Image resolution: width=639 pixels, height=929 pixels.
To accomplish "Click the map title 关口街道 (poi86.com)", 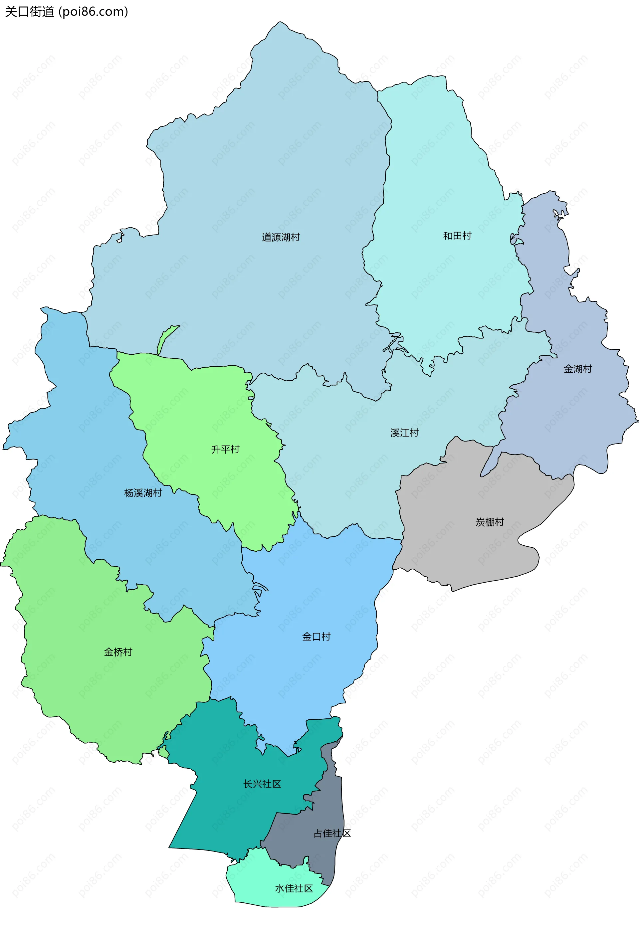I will pos(67,12).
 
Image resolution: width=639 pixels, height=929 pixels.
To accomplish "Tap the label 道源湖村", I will pos(281,237).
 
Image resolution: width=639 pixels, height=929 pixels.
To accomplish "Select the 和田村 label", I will pos(457,236).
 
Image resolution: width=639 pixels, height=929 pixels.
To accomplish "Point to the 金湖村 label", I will pos(577,369).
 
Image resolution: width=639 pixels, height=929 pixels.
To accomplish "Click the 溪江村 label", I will pos(404,433).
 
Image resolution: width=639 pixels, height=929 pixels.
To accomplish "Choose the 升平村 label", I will pos(225,450).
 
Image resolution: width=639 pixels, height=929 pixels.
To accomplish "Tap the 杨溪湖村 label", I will pos(143,493).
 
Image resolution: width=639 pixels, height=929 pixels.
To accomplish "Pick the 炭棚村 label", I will pos(489,522).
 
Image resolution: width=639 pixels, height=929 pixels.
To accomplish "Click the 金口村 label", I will pos(316,637).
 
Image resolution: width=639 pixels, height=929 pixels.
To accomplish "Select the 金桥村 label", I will pos(118,652).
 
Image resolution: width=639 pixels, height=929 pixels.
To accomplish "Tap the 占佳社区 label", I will pos(332,833).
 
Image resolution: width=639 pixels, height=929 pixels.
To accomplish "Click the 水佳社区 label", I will pos(294,888).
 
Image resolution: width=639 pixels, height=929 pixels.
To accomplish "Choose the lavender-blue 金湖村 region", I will pos(568,420).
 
